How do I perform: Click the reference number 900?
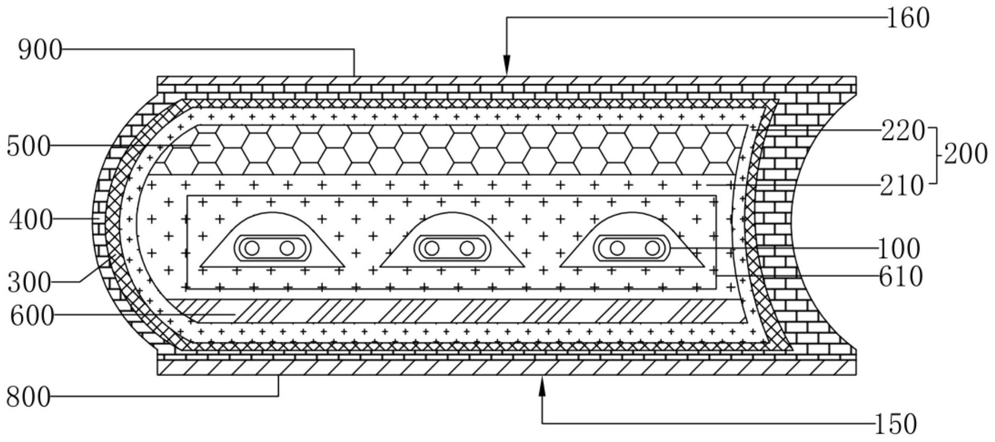40,51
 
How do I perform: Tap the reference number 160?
907,18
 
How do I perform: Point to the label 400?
31,219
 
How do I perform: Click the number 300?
29,283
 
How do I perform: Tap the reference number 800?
28,397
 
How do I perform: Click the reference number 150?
896,424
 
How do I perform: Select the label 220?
903,131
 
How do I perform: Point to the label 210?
902,186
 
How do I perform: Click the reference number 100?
899,249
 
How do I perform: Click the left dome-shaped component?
272,242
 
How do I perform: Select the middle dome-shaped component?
452,242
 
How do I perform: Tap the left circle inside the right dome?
617,248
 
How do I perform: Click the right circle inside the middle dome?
467,248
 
